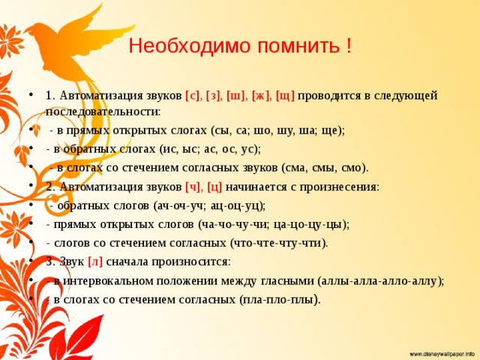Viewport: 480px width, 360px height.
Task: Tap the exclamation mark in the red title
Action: (349, 46)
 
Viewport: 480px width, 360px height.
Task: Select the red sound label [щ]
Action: (285, 95)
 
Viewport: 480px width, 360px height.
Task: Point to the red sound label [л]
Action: (95, 262)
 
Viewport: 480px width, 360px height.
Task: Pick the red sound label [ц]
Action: (214, 187)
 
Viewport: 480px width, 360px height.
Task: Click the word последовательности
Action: (103, 112)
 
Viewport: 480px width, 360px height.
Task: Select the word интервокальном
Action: (108, 281)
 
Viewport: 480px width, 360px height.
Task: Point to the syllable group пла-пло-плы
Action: (278, 300)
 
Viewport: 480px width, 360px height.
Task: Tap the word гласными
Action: (286, 281)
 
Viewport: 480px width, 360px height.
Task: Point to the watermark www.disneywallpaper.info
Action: (442, 354)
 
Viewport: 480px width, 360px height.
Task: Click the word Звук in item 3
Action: (72, 262)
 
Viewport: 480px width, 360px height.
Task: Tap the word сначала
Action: (127, 262)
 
